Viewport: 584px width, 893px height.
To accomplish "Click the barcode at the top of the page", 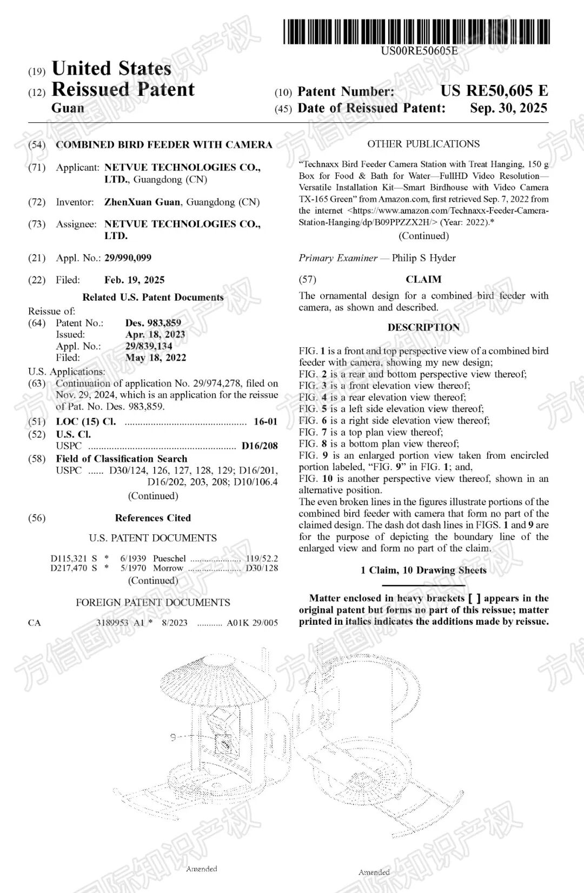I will click(416, 31).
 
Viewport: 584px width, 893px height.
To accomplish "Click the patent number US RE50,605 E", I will click(494, 91).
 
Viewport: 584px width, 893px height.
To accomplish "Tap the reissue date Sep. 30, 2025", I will click(508, 108).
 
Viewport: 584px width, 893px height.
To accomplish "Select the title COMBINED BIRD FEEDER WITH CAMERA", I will click(164, 145).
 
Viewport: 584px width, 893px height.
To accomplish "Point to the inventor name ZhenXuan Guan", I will click(142, 202).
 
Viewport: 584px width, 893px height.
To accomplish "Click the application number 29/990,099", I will click(128, 258).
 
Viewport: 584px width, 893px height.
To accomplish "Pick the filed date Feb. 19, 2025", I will click(134, 280).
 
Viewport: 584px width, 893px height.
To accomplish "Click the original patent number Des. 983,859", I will click(153, 323).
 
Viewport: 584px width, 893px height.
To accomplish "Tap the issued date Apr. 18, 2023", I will click(155, 335).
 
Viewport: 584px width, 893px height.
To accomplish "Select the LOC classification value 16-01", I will click(266, 422).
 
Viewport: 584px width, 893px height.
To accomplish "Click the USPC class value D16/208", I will click(260, 446).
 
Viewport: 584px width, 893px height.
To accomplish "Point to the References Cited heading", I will click(152, 518).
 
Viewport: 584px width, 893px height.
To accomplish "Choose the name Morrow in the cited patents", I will click(168, 568).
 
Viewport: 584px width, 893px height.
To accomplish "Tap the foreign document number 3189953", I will click(112, 623).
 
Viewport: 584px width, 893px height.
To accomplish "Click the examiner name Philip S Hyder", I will click(423, 258).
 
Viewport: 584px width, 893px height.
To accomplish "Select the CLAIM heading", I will click(423, 280).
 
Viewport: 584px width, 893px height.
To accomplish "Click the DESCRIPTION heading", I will click(423, 328).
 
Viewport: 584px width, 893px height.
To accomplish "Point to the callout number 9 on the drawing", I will click(173, 737).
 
